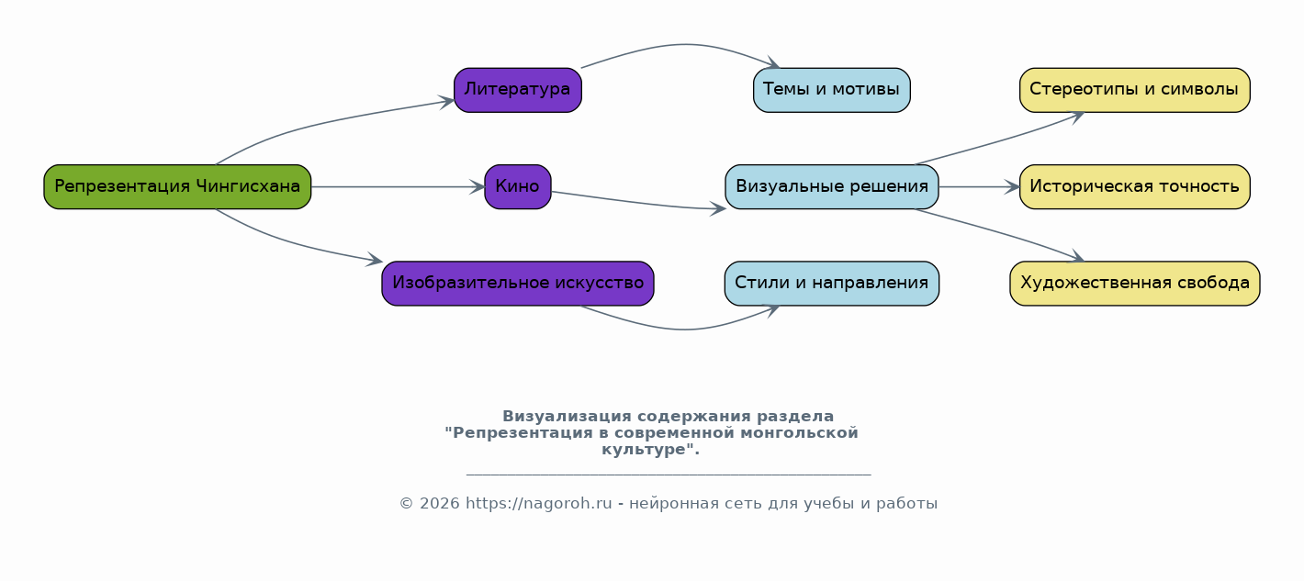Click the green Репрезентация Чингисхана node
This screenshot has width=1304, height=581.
pos(177,186)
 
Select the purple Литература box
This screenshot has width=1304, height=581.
pos(518,90)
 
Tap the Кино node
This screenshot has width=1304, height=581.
pos(518,186)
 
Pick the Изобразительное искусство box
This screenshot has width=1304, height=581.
pos(518,284)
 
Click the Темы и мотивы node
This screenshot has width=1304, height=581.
pos(831,90)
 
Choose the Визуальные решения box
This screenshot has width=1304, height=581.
pos(831,186)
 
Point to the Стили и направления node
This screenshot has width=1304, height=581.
pos(831,284)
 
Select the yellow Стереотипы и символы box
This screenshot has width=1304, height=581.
pos(1135,90)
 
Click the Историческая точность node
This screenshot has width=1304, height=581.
pos(1135,186)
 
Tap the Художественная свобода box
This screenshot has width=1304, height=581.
pos(1135,284)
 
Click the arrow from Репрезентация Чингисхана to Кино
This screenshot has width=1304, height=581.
pos(399,186)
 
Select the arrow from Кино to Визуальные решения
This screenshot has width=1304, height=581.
pos(638,202)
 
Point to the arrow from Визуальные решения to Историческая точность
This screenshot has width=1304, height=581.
pos(979,186)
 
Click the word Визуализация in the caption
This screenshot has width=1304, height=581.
pos(567,417)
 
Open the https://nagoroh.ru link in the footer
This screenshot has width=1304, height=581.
pos(538,503)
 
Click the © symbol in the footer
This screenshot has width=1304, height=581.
pos(406,504)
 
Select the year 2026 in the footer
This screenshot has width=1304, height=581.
pos(440,504)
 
